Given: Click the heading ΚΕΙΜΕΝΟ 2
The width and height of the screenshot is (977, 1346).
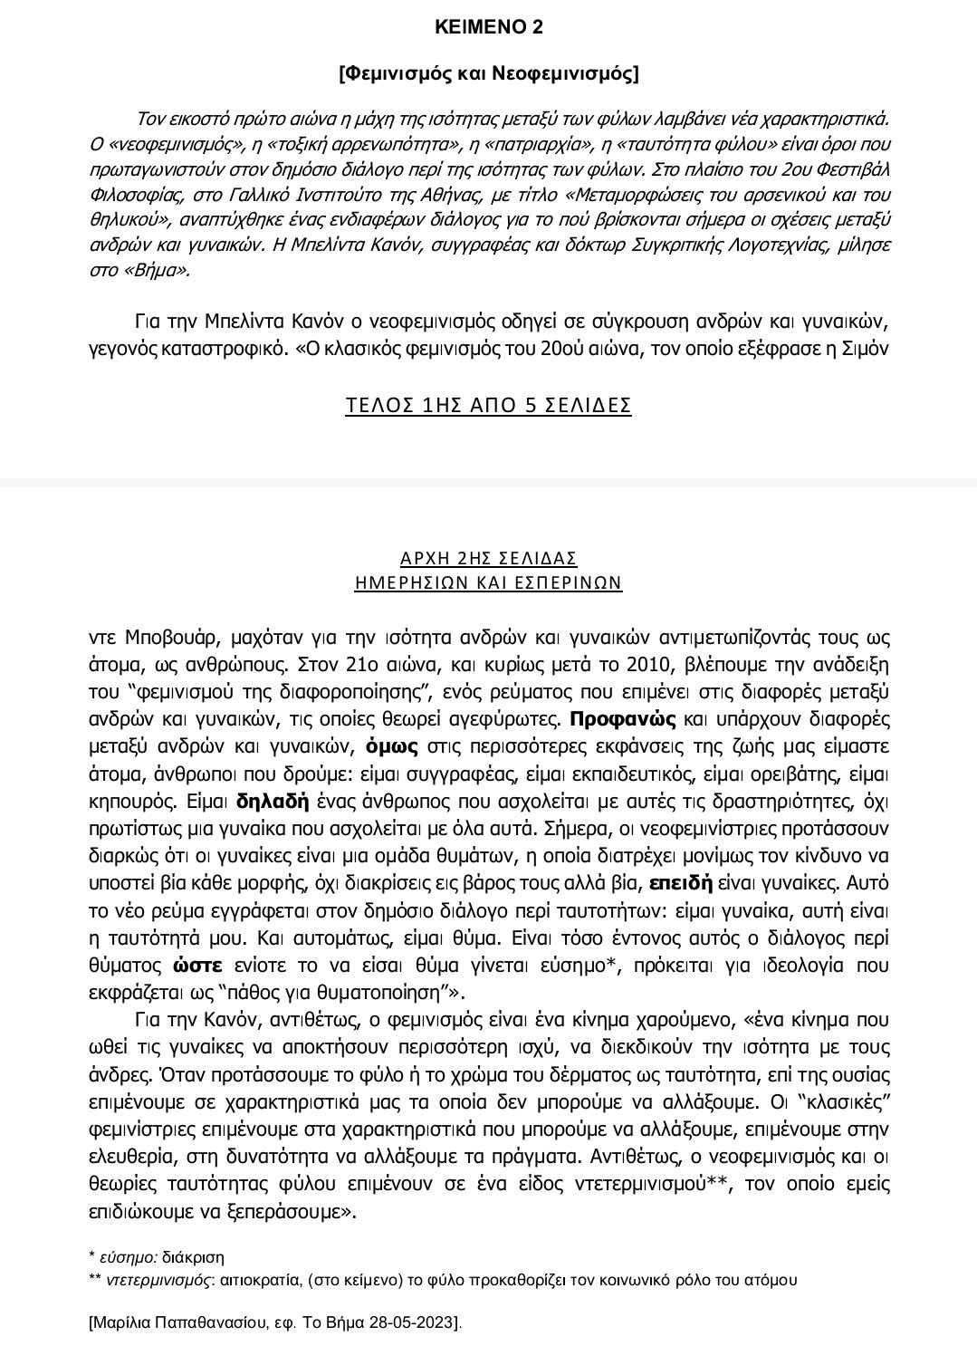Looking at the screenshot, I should click(x=488, y=27).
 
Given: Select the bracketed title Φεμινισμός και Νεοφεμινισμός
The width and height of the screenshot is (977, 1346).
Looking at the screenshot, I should click(x=488, y=74).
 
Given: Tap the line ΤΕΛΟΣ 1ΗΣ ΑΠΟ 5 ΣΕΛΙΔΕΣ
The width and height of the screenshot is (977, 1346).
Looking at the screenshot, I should click(x=488, y=405).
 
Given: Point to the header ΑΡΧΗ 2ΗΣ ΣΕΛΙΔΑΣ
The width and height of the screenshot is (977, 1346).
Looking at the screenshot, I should click(x=488, y=558).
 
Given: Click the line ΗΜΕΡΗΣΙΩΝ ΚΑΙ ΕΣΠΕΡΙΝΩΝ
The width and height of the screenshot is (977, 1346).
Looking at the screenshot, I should click(x=488, y=582).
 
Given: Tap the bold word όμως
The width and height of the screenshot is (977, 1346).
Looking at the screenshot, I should click(x=391, y=747).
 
